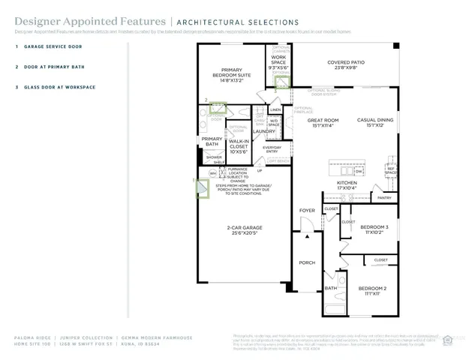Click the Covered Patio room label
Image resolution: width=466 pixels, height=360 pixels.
(346, 65)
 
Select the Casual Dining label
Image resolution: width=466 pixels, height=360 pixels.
(375, 122)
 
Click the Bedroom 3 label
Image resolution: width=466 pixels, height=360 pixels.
(374, 229)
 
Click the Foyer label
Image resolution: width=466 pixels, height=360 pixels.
(308, 211)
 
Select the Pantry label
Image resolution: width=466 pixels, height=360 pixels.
(384, 198)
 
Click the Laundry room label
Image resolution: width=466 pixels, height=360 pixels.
(264, 131)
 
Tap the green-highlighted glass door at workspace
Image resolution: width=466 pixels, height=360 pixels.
(281, 81)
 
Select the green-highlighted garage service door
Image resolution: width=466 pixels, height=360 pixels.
(202, 191)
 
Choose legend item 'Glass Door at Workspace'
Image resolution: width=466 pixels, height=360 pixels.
(59, 87)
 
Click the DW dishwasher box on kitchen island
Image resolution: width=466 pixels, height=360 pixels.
(359, 171)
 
